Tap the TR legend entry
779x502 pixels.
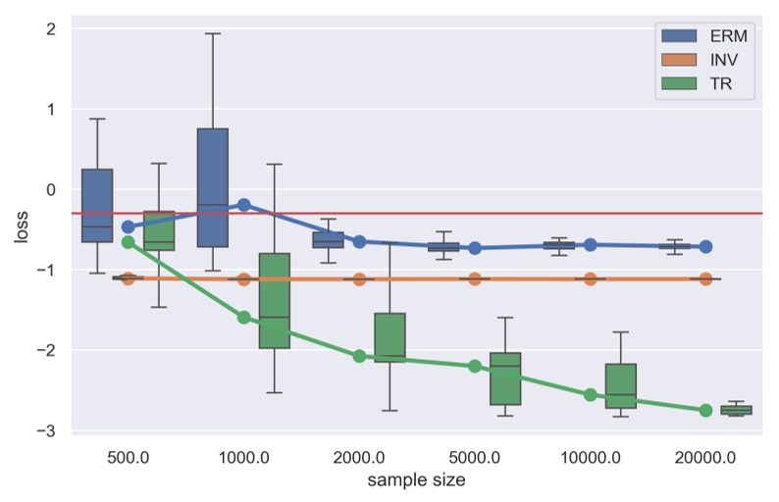(705, 85)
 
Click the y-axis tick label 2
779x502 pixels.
(50, 28)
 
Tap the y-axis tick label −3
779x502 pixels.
(46, 430)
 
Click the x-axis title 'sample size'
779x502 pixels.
(416, 480)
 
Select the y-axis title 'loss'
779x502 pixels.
(20, 229)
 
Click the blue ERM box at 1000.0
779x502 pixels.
(213, 187)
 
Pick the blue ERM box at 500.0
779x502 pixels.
(97, 205)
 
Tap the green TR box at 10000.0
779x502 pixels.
(620, 385)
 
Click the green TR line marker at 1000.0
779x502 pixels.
(243, 317)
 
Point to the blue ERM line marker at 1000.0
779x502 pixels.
(243, 205)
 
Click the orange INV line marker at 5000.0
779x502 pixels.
(475, 278)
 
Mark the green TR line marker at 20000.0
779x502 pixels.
(705, 410)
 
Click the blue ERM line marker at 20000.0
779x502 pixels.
(705, 247)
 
